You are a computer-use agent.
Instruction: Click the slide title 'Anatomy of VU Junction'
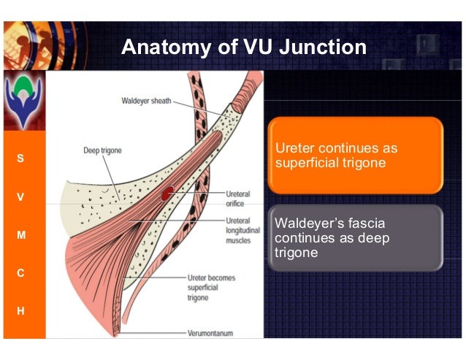pos(243,47)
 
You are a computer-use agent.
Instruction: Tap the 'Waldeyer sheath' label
pos(146,101)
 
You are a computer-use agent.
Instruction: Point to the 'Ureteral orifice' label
pos(237,198)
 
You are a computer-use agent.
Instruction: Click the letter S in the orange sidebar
pos(20,158)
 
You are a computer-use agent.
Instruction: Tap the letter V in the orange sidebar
pos(20,197)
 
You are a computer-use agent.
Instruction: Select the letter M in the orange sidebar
pos(20,235)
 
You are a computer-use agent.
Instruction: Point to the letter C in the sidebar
pos(20,273)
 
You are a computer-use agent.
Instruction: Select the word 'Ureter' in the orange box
pos(292,148)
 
